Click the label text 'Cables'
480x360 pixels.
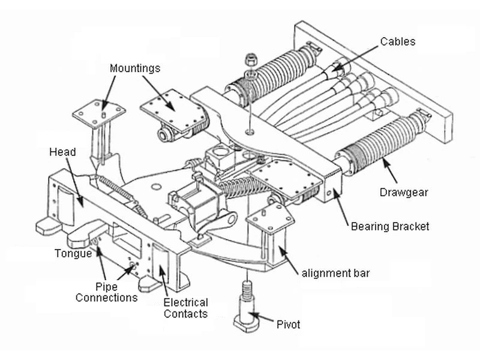(398, 41)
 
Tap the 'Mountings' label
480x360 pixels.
(134, 68)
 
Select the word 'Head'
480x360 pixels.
(62, 152)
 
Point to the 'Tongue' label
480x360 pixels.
(73, 253)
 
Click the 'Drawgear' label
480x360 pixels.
(403, 192)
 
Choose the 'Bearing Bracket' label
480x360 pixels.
(389, 227)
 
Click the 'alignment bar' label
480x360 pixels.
(335, 273)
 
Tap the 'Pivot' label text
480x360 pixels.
(288, 325)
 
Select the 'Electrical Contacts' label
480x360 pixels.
(186, 308)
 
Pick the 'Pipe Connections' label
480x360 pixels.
(107, 292)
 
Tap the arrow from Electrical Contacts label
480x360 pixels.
(163, 279)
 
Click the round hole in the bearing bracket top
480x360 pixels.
(250, 132)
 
